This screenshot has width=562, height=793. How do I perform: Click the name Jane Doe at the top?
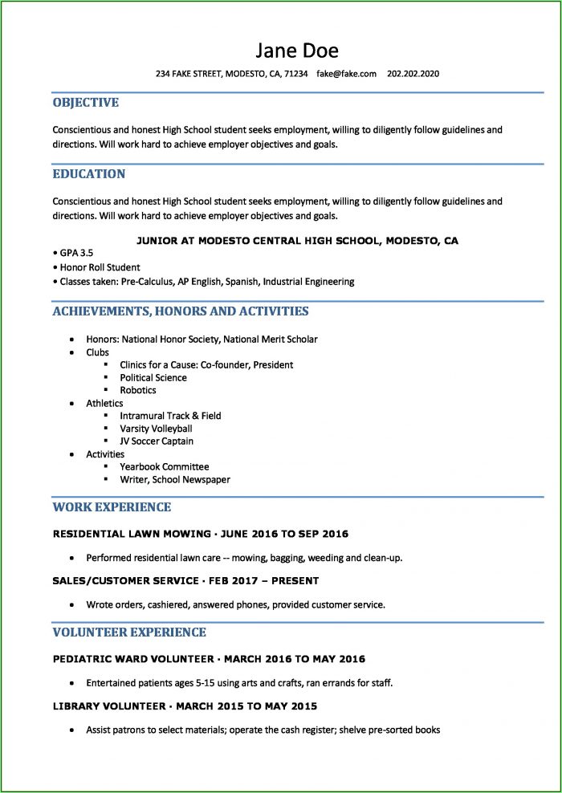click(297, 51)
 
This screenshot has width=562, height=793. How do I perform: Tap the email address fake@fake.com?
click(346, 74)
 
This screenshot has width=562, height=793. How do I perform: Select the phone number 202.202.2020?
click(413, 74)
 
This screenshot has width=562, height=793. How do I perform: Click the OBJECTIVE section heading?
click(85, 103)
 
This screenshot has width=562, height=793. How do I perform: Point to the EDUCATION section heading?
click(88, 174)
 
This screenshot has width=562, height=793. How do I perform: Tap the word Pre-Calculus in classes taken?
click(149, 282)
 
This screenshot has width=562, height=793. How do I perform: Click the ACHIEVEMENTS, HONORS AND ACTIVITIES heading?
click(180, 311)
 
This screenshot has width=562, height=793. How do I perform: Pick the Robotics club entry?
click(138, 390)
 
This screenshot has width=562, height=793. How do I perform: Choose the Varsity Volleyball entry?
click(156, 429)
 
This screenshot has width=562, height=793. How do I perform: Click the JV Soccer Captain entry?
click(157, 441)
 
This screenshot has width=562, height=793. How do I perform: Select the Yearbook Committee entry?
click(164, 466)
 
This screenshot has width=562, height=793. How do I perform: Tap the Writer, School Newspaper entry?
click(174, 479)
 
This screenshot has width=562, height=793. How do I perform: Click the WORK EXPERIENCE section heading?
click(112, 507)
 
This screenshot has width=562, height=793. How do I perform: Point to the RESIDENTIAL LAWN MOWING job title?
click(130, 534)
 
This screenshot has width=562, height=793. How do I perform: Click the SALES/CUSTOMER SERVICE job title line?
click(185, 580)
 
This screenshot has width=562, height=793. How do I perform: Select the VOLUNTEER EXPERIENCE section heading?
click(129, 632)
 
